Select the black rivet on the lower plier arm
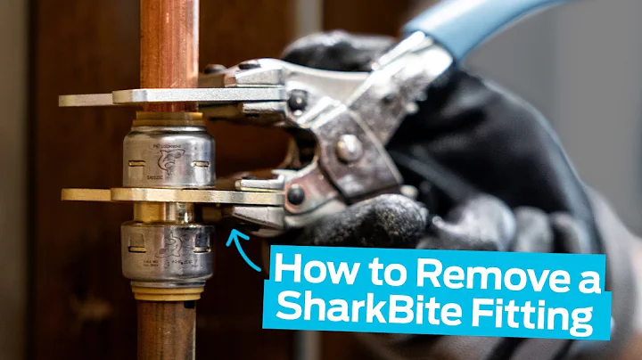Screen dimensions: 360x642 (x=295, y=194)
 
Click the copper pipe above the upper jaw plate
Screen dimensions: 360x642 (x=166, y=40)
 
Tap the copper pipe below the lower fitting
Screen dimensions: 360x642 (x=167, y=330)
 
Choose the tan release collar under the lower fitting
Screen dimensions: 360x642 (x=168, y=290)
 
